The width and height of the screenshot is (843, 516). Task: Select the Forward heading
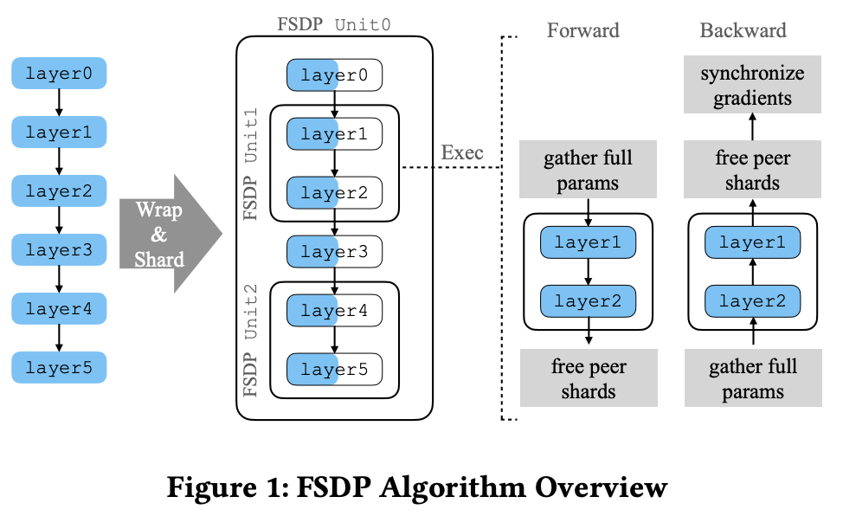click(582, 31)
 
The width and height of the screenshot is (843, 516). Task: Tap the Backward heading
click(743, 31)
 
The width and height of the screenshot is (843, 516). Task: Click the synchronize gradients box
click(751, 86)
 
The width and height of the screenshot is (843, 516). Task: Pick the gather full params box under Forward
click(588, 171)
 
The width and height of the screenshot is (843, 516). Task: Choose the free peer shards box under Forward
click(588, 378)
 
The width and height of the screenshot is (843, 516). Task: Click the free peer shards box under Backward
click(751, 171)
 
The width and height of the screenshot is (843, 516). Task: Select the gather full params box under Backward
click(751, 378)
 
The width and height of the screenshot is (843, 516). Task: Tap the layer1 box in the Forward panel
click(588, 242)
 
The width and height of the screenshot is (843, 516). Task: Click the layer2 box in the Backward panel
click(751, 300)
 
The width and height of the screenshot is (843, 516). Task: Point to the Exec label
click(462, 153)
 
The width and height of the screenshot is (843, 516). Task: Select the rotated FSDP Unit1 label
click(251, 164)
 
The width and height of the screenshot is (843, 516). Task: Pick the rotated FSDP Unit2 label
click(251, 339)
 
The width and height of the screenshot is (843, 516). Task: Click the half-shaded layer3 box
click(334, 252)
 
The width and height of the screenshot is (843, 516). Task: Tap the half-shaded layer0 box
click(334, 75)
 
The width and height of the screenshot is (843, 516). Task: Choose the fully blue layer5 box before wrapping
click(59, 368)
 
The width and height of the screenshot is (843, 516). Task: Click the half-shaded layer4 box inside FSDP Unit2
click(334, 310)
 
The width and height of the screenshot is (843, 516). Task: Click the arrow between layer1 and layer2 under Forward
click(588, 272)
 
